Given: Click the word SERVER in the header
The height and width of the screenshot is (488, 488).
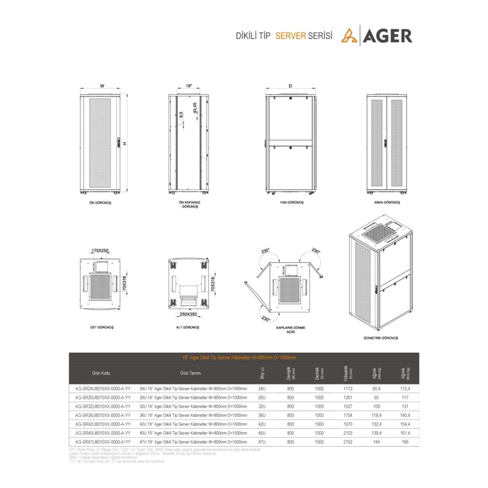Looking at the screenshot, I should (290, 36).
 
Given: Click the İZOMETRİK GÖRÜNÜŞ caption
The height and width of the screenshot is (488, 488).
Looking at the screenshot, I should (382, 338).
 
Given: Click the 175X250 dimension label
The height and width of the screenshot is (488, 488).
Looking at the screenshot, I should (100, 250).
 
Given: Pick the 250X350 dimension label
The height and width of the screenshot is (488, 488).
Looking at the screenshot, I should (188, 314).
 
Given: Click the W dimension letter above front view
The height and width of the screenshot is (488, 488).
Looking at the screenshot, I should (102, 85).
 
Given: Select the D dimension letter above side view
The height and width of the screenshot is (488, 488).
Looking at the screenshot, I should (290, 85).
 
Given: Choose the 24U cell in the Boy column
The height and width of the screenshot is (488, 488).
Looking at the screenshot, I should (262, 388).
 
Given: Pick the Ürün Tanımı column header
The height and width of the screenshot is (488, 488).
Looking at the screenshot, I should (191, 373).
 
